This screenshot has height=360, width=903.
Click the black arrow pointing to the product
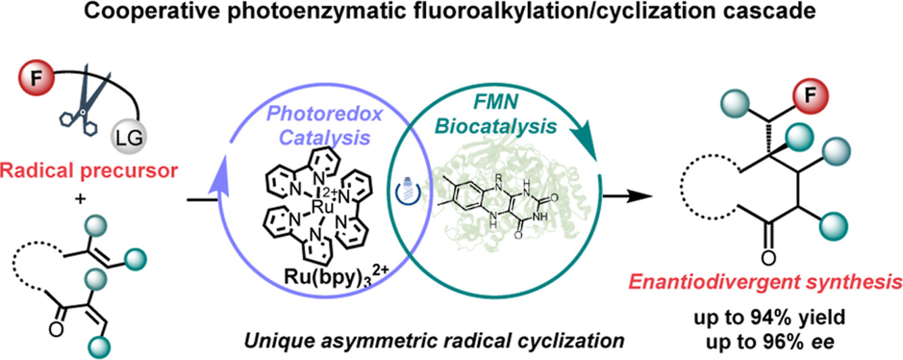coord(629,200)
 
